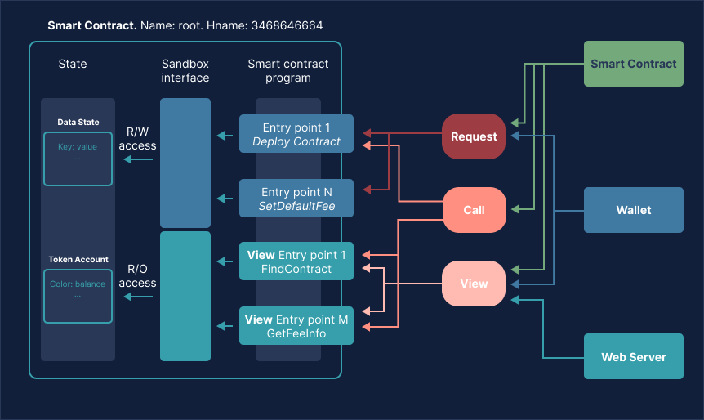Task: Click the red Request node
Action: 474,136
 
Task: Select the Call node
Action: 474,210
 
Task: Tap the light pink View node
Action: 474,284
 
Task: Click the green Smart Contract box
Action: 633,64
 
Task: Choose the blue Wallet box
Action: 633,210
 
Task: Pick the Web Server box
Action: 633,357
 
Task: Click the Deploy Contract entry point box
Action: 296,134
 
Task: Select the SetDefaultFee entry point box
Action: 296,199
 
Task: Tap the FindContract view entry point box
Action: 296,261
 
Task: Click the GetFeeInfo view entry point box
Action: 296,326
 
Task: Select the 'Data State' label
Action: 78,123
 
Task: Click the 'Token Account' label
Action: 78,259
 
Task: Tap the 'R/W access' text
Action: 137,138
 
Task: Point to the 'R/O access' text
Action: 137,275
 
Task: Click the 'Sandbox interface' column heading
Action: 185,71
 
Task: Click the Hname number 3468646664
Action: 287,26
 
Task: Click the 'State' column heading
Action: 73,64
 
